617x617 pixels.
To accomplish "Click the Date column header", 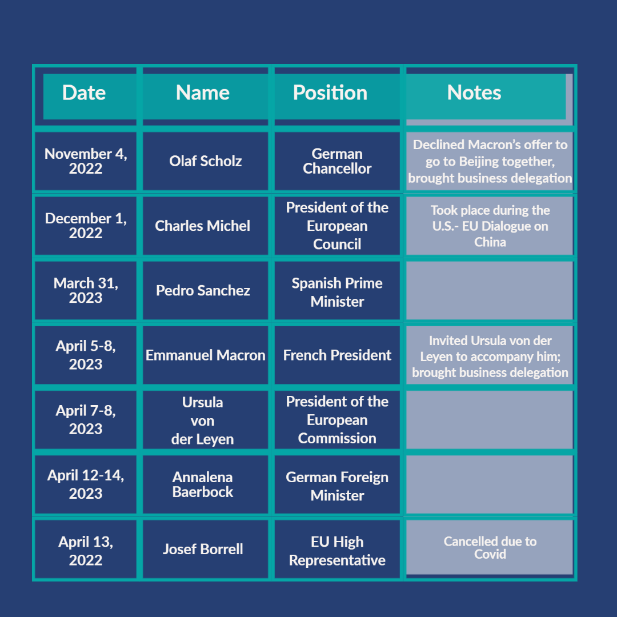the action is pos(86,96).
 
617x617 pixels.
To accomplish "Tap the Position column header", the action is pos(337,96).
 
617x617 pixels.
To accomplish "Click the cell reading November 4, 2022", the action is pos(86,161).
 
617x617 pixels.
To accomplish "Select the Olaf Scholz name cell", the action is pos(206,161).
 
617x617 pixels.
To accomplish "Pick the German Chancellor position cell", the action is pos(337,161).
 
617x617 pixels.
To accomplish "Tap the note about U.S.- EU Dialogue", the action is pos(490,226).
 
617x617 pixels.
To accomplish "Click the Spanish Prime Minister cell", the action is pos(337,290).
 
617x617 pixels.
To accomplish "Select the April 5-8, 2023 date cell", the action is pos(86,355).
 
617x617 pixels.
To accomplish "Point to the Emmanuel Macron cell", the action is pos(206,355).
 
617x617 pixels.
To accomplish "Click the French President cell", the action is pos(337,355).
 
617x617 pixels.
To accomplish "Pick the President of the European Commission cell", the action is pos(337,420).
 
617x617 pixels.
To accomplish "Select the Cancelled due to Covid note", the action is pos(490,547).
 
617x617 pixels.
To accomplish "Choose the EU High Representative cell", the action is pos(337,550).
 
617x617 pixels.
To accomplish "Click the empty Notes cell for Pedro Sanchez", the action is pos(490,290).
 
